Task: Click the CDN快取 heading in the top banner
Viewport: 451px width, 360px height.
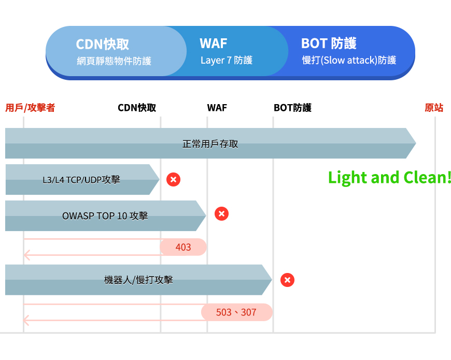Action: tap(103, 44)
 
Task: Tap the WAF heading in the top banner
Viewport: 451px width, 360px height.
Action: tap(214, 44)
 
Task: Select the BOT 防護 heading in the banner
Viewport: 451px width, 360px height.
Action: tap(329, 44)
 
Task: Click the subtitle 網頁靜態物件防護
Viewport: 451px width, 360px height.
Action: tap(114, 61)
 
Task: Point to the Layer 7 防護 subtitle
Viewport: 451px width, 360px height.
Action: tap(227, 61)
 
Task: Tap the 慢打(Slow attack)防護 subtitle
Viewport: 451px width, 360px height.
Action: tap(349, 61)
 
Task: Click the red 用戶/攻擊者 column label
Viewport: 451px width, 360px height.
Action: tap(30, 108)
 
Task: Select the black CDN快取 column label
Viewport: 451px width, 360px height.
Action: tap(137, 108)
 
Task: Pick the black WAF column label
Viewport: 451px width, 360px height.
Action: tap(217, 108)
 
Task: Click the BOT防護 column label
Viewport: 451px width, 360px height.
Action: tap(292, 108)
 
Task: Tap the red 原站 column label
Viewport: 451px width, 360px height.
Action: tap(434, 108)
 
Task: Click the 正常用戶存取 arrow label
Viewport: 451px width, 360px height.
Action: tap(210, 144)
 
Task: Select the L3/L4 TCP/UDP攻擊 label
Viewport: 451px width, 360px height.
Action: tap(81, 180)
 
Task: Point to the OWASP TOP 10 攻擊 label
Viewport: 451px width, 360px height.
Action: tap(105, 215)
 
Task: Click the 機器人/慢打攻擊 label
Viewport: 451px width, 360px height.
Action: tap(138, 280)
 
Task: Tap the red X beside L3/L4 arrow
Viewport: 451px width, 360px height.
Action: tap(174, 180)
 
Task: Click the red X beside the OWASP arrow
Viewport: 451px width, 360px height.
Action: tap(222, 213)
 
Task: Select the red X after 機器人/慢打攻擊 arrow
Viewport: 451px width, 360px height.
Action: tap(288, 280)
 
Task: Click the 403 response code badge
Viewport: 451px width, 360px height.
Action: tap(184, 247)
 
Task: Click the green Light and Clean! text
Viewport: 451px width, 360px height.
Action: tap(390, 178)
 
